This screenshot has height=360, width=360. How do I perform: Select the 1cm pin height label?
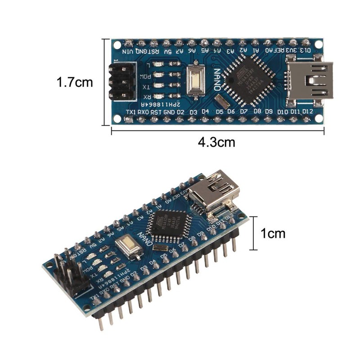pos(273,234)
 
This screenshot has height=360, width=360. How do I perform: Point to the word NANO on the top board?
pos(217,80)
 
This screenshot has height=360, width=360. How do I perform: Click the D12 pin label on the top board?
pos(308,111)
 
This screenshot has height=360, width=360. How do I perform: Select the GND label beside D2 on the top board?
pos(169,111)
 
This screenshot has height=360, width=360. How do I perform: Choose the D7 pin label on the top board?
pos(244,111)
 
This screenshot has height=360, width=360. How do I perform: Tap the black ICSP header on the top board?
pos(121,81)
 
